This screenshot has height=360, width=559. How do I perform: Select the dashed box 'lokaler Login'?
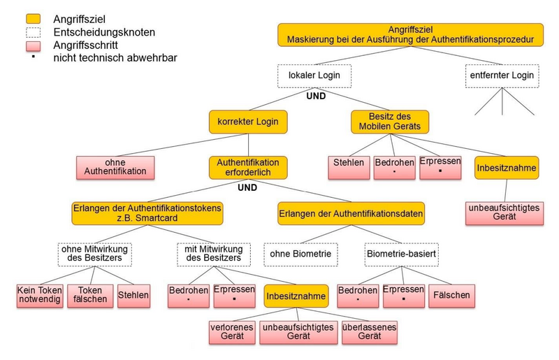coord(314,75)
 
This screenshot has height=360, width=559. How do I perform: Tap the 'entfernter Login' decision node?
coord(502,75)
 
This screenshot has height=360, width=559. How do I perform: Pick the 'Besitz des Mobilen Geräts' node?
coord(390,122)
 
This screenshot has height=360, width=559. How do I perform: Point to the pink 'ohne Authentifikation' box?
coord(115,168)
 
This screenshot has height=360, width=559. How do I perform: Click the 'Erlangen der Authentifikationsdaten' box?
coord(351,213)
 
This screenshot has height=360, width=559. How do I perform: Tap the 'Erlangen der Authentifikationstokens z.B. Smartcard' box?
coord(147,213)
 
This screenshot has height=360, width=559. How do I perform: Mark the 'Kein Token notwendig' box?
coord(40,296)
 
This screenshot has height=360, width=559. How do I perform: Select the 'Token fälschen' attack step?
coord(90,296)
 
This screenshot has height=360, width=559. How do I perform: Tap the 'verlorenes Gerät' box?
coord(231,331)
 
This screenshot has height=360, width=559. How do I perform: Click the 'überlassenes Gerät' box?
coord(370,331)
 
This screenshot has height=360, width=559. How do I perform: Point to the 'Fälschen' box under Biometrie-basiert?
coord(451,296)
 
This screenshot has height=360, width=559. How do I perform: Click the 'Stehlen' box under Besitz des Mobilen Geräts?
coord(349,167)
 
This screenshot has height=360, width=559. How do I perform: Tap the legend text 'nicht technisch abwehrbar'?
coord(115,58)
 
